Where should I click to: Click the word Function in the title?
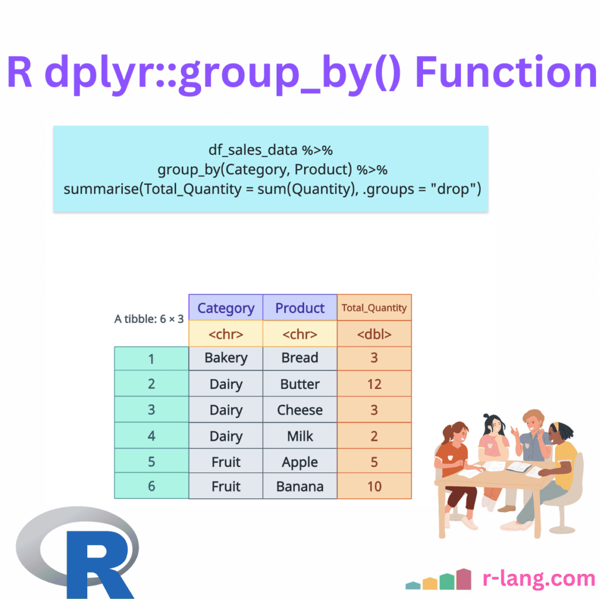point(505,72)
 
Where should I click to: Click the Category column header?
point(226,308)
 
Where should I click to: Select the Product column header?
point(300,308)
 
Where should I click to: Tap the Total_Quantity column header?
point(374,308)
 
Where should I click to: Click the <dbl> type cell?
point(374,334)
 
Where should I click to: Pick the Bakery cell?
point(226,359)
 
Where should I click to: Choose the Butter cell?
point(300,384)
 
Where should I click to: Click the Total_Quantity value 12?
point(374,384)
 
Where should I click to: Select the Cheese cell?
point(300,409)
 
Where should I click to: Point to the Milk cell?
point(300,435)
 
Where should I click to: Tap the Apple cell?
point(300,462)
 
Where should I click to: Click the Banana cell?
point(300,486)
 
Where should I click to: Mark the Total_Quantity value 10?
point(374,486)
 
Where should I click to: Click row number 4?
point(152,435)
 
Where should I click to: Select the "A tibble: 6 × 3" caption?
point(149,319)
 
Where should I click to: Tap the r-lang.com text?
point(539,579)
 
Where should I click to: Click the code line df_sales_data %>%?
point(270,150)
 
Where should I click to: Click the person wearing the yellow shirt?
point(560,470)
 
